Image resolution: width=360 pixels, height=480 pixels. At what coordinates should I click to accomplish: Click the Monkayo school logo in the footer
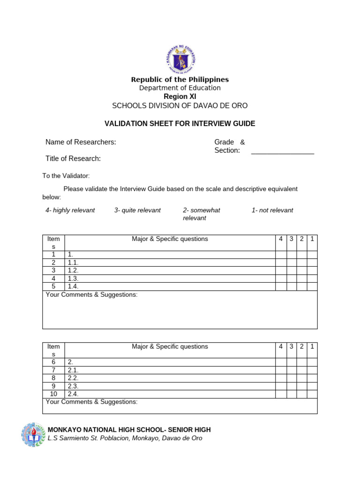(x=34, y=435)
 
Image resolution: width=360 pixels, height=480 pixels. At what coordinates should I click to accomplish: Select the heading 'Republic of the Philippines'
(x=180, y=80)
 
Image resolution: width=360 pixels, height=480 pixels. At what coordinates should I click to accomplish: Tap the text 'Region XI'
(x=180, y=97)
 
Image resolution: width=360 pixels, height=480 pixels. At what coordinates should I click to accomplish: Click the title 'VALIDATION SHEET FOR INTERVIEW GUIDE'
(x=180, y=124)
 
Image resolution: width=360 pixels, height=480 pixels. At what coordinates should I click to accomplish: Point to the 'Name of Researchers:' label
(x=81, y=142)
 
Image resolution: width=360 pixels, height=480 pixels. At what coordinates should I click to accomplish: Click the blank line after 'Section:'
(x=282, y=151)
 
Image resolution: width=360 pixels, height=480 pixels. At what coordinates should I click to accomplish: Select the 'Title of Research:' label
(x=73, y=158)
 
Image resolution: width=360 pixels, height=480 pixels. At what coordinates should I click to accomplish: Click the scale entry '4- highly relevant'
(x=70, y=210)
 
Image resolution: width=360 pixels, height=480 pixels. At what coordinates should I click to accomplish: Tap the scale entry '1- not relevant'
(x=272, y=210)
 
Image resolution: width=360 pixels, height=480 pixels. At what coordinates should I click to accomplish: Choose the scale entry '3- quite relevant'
(x=137, y=210)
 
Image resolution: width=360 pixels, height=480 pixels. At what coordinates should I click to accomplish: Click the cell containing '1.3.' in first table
(x=170, y=278)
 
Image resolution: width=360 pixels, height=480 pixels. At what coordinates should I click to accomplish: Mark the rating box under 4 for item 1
(x=281, y=255)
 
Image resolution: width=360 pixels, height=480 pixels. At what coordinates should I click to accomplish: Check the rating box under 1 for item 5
(x=312, y=286)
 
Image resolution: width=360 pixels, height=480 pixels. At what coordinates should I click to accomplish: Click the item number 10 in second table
(x=53, y=394)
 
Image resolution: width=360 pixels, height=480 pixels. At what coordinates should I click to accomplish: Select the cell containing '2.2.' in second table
(x=170, y=378)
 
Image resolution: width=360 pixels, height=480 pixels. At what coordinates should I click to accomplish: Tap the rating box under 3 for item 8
(x=292, y=378)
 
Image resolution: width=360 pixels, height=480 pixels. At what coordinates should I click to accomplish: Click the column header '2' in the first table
(x=302, y=239)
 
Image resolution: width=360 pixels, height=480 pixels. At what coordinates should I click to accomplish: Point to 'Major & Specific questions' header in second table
(x=170, y=347)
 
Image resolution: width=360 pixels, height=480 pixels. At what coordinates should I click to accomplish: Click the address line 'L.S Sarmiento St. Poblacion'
(x=125, y=438)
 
